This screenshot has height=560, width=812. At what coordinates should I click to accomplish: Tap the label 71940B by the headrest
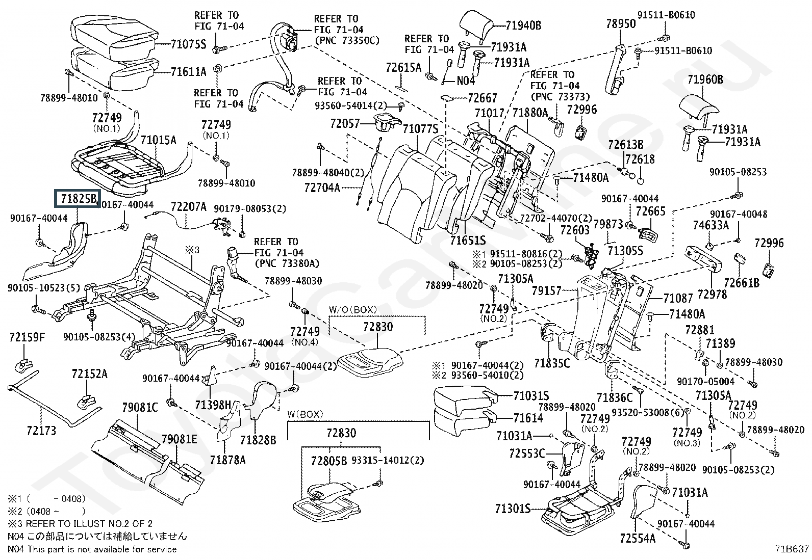(524, 25)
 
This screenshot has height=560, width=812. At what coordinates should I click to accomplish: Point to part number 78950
(621, 23)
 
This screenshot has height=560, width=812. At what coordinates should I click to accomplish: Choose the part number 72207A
(188, 206)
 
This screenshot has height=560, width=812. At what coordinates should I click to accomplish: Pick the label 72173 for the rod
(41, 431)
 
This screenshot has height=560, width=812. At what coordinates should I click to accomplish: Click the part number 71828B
(258, 439)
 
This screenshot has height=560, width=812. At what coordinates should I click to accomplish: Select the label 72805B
(329, 460)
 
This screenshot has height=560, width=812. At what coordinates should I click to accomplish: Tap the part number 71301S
(513, 509)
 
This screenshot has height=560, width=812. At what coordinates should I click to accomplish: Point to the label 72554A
(638, 538)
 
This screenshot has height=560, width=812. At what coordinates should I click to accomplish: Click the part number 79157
(546, 291)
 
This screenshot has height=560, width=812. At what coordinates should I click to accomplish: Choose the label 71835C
(552, 363)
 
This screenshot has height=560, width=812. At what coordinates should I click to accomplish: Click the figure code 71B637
(792, 549)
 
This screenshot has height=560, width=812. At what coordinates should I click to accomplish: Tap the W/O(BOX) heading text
(352, 309)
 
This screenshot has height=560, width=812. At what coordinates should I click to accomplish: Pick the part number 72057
(345, 123)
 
